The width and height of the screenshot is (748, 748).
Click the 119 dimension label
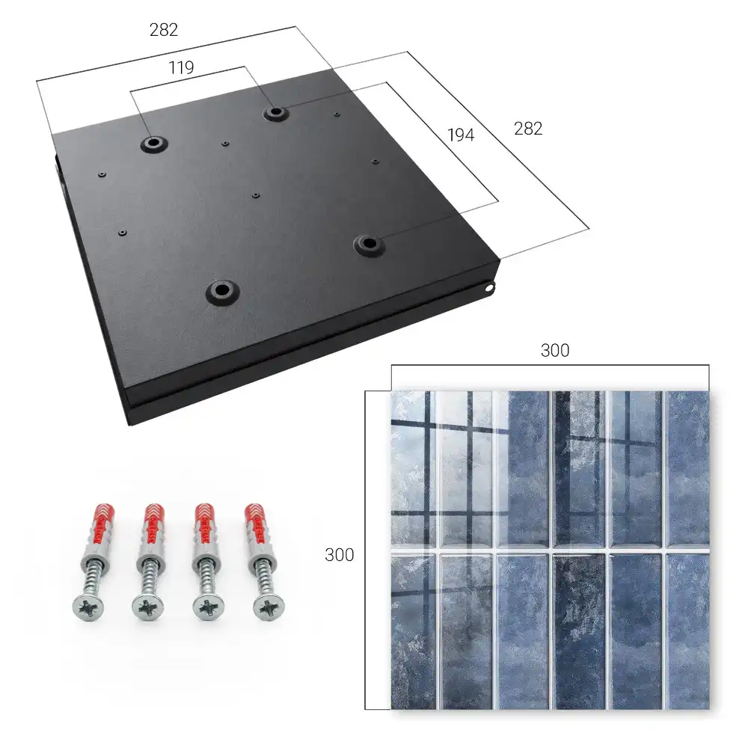pos(181,68)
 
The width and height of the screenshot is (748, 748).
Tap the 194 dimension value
pos(461,135)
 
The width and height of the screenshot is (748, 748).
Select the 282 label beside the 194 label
pos(528,129)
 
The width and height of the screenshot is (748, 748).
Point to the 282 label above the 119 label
pos(164,30)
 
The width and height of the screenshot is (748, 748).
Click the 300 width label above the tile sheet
pos(555,351)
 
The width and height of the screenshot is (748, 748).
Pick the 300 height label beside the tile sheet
pos(339,555)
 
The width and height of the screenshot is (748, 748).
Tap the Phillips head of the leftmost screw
pos(88,608)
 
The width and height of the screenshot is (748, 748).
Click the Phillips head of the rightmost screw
pos(268,608)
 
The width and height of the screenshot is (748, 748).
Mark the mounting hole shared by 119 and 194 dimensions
pos(275,113)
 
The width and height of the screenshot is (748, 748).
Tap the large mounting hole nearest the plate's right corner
pos(368,245)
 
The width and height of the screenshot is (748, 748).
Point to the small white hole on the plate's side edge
pos(489,288)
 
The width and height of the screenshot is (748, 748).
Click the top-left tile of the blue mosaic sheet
pos(411,468)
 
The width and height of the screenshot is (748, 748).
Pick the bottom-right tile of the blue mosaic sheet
pos(687,631)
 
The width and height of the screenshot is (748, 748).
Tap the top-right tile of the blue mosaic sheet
pos(687,468)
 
